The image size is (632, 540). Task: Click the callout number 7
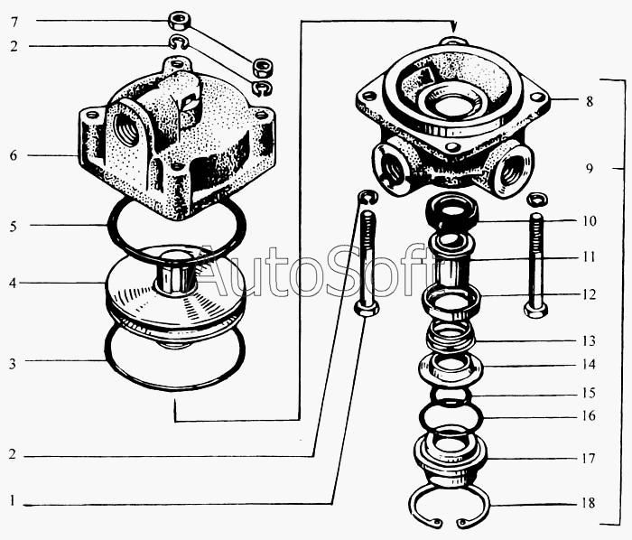[x=14, y=22]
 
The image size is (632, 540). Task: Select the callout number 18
[x=589, y=503]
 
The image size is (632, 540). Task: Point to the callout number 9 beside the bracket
[x=590, y=168]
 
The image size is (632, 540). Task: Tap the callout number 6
[x=14, y=155]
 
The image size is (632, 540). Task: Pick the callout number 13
[x=589, y=341]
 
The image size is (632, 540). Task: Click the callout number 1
[x=13, y=501]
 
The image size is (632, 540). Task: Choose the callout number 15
[x=589, y=393]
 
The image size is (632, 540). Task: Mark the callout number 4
[x=13, y=284]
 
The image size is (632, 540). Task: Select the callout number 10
[x=589, y=221]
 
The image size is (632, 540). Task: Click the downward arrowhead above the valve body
[x=453, y=27]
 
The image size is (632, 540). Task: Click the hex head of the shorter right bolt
[x=535, y=311]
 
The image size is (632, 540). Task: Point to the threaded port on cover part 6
[x=127, y=130]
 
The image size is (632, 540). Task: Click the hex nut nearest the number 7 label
[x=179, y=21]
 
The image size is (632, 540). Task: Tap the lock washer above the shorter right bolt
[x=537, y=199]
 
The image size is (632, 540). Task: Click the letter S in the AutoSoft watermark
[x=348, y=270]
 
